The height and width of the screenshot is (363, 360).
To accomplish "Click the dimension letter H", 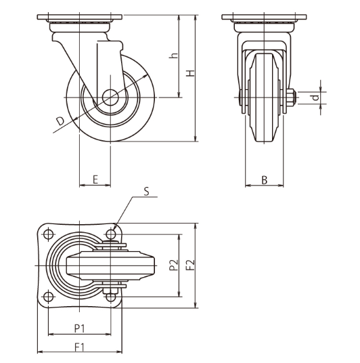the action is [191, 73].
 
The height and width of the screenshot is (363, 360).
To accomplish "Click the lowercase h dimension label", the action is [173, 56].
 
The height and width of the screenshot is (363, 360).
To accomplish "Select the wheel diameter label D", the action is [60, 121].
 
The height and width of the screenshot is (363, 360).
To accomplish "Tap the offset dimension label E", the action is [95, 179].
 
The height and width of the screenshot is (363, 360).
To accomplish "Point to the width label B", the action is [264, 180].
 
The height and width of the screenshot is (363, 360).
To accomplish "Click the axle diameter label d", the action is [315, 98].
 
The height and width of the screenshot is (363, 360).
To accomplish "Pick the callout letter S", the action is [146, 192].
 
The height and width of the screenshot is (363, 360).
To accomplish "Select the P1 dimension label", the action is [80, 328].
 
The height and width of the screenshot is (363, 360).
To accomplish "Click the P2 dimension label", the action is [173, 265].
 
